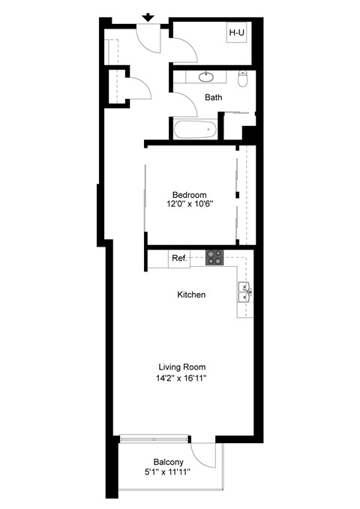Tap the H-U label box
point(238,33)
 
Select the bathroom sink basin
point(206,76)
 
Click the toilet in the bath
point(242,79)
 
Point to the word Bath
point(214,97)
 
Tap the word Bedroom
point(188,195)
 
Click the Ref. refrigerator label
point(179,259)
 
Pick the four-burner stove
point(214,257)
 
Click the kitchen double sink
point(244,292)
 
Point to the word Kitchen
point(191,295)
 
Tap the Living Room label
point(181,367)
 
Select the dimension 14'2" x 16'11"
point(181,379)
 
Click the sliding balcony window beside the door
point(154,437)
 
